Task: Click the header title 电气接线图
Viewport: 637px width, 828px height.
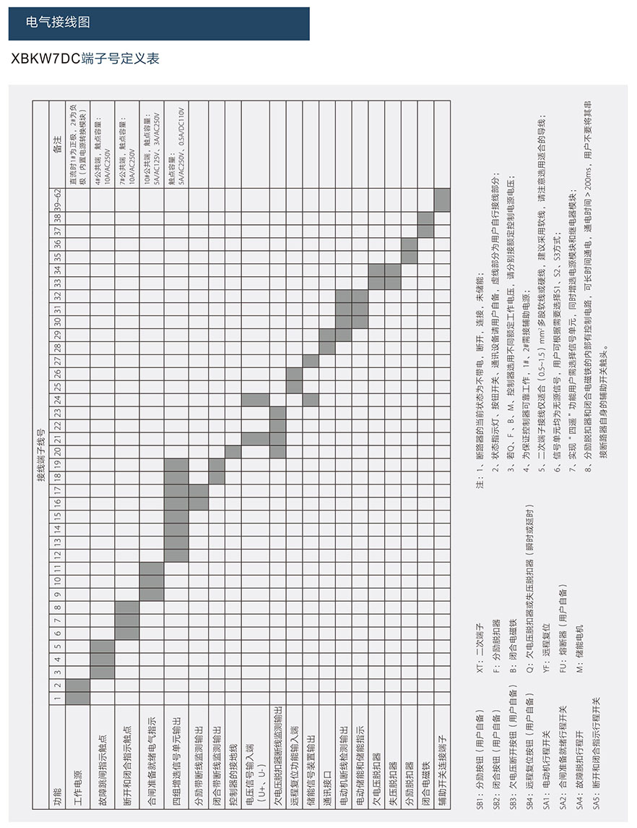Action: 58,22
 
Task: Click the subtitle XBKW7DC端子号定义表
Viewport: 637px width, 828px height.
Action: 86,59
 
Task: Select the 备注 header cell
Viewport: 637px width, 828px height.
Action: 57,145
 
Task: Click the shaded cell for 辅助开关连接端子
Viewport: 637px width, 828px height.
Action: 442,200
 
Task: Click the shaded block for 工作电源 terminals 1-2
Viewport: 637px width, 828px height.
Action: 78,691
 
